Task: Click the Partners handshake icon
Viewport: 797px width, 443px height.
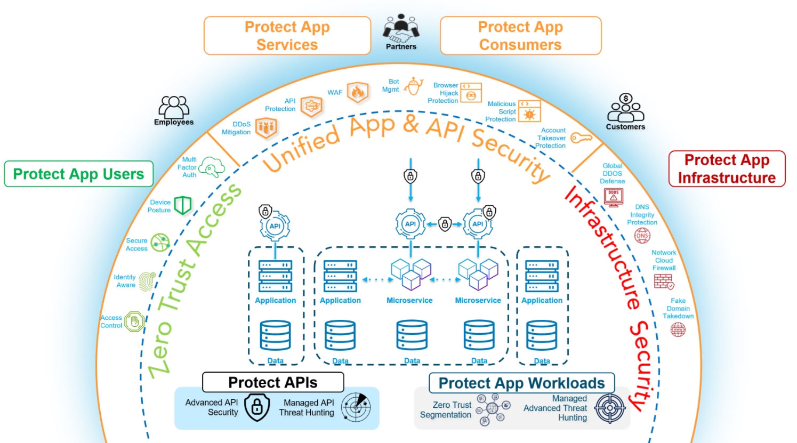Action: pyautogui.click(x=401, y=29)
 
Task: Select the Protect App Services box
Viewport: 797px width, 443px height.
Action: pyautogui.click(x=287, y=36)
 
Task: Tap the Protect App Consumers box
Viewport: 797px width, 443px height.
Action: pyautogui.click(x=520, y=36)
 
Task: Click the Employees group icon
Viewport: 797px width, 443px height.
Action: pyautogui.click(x=174, y=107)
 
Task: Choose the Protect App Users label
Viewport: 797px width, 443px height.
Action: pyautogui.click(x=79, y=174)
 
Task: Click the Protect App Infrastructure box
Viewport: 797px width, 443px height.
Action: pyautogui.click(x=727, y=169)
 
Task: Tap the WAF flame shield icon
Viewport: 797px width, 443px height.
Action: pyautogui.click(x=358, y=92)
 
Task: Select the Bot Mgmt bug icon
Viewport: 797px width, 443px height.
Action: pyautogui.click(x=413, y=86)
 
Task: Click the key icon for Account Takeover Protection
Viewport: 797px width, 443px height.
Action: pyautogui.click(x=581, y=138)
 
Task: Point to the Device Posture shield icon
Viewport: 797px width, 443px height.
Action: pyautogui.click(x=183, y=205)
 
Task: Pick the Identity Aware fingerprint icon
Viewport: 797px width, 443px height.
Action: pyautogui.click(x=147, y=281)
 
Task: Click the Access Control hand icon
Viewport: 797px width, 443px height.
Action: pyautogui.click(x=134, y=321)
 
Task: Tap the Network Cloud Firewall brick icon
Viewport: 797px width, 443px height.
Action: pyautogui.click(x=664, y=281)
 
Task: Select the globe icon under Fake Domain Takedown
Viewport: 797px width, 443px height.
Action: pyautogui.click(x=678, y=329)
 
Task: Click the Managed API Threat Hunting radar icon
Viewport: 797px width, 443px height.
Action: pyautogui.click(x=356, y=407)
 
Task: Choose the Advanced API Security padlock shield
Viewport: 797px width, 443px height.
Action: pyautogui.click(x=257, y=407)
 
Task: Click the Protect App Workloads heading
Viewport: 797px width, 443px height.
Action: pyautogui.click(x=521, y=383)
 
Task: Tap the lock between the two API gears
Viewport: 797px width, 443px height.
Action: pyautogui.click(x=445, y=224)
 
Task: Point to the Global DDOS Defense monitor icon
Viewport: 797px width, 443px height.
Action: pyautogui.click(x=614, y=197)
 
